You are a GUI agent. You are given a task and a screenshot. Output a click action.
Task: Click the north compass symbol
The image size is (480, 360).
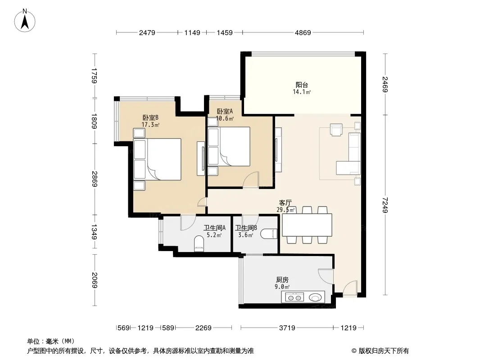25,21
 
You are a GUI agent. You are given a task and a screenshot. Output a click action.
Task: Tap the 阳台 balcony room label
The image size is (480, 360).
302,85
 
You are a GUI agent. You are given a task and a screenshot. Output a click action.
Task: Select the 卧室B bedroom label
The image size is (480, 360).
150,118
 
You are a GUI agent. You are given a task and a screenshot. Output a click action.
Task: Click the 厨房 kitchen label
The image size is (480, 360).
282,280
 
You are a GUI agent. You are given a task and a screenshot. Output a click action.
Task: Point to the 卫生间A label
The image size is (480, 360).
215,228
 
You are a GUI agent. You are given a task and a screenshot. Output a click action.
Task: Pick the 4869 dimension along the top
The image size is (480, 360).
303,32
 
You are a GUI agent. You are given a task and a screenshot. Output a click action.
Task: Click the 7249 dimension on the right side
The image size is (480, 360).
385,205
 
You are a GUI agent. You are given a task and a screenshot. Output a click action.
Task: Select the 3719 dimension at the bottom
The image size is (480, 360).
287,328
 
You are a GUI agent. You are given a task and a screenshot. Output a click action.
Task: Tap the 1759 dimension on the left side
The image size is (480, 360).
94,76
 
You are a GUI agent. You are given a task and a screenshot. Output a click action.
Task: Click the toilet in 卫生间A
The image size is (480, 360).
199,243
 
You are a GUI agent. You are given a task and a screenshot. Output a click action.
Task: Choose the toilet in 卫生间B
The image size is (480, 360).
269,234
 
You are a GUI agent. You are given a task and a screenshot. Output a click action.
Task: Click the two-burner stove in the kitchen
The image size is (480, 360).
294,297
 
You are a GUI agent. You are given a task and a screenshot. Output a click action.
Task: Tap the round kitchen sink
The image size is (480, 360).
316,297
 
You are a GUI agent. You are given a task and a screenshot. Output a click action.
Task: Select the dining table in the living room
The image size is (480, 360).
307,225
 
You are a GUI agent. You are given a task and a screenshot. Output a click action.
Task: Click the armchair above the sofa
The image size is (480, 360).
336,130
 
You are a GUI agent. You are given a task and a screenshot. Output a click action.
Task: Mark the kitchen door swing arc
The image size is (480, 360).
326,276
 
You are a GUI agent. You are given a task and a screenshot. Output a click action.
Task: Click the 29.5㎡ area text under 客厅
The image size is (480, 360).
285,210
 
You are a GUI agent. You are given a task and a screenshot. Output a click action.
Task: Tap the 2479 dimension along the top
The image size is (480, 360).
147,32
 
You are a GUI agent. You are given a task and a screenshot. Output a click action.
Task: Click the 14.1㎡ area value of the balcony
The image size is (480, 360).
302,92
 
